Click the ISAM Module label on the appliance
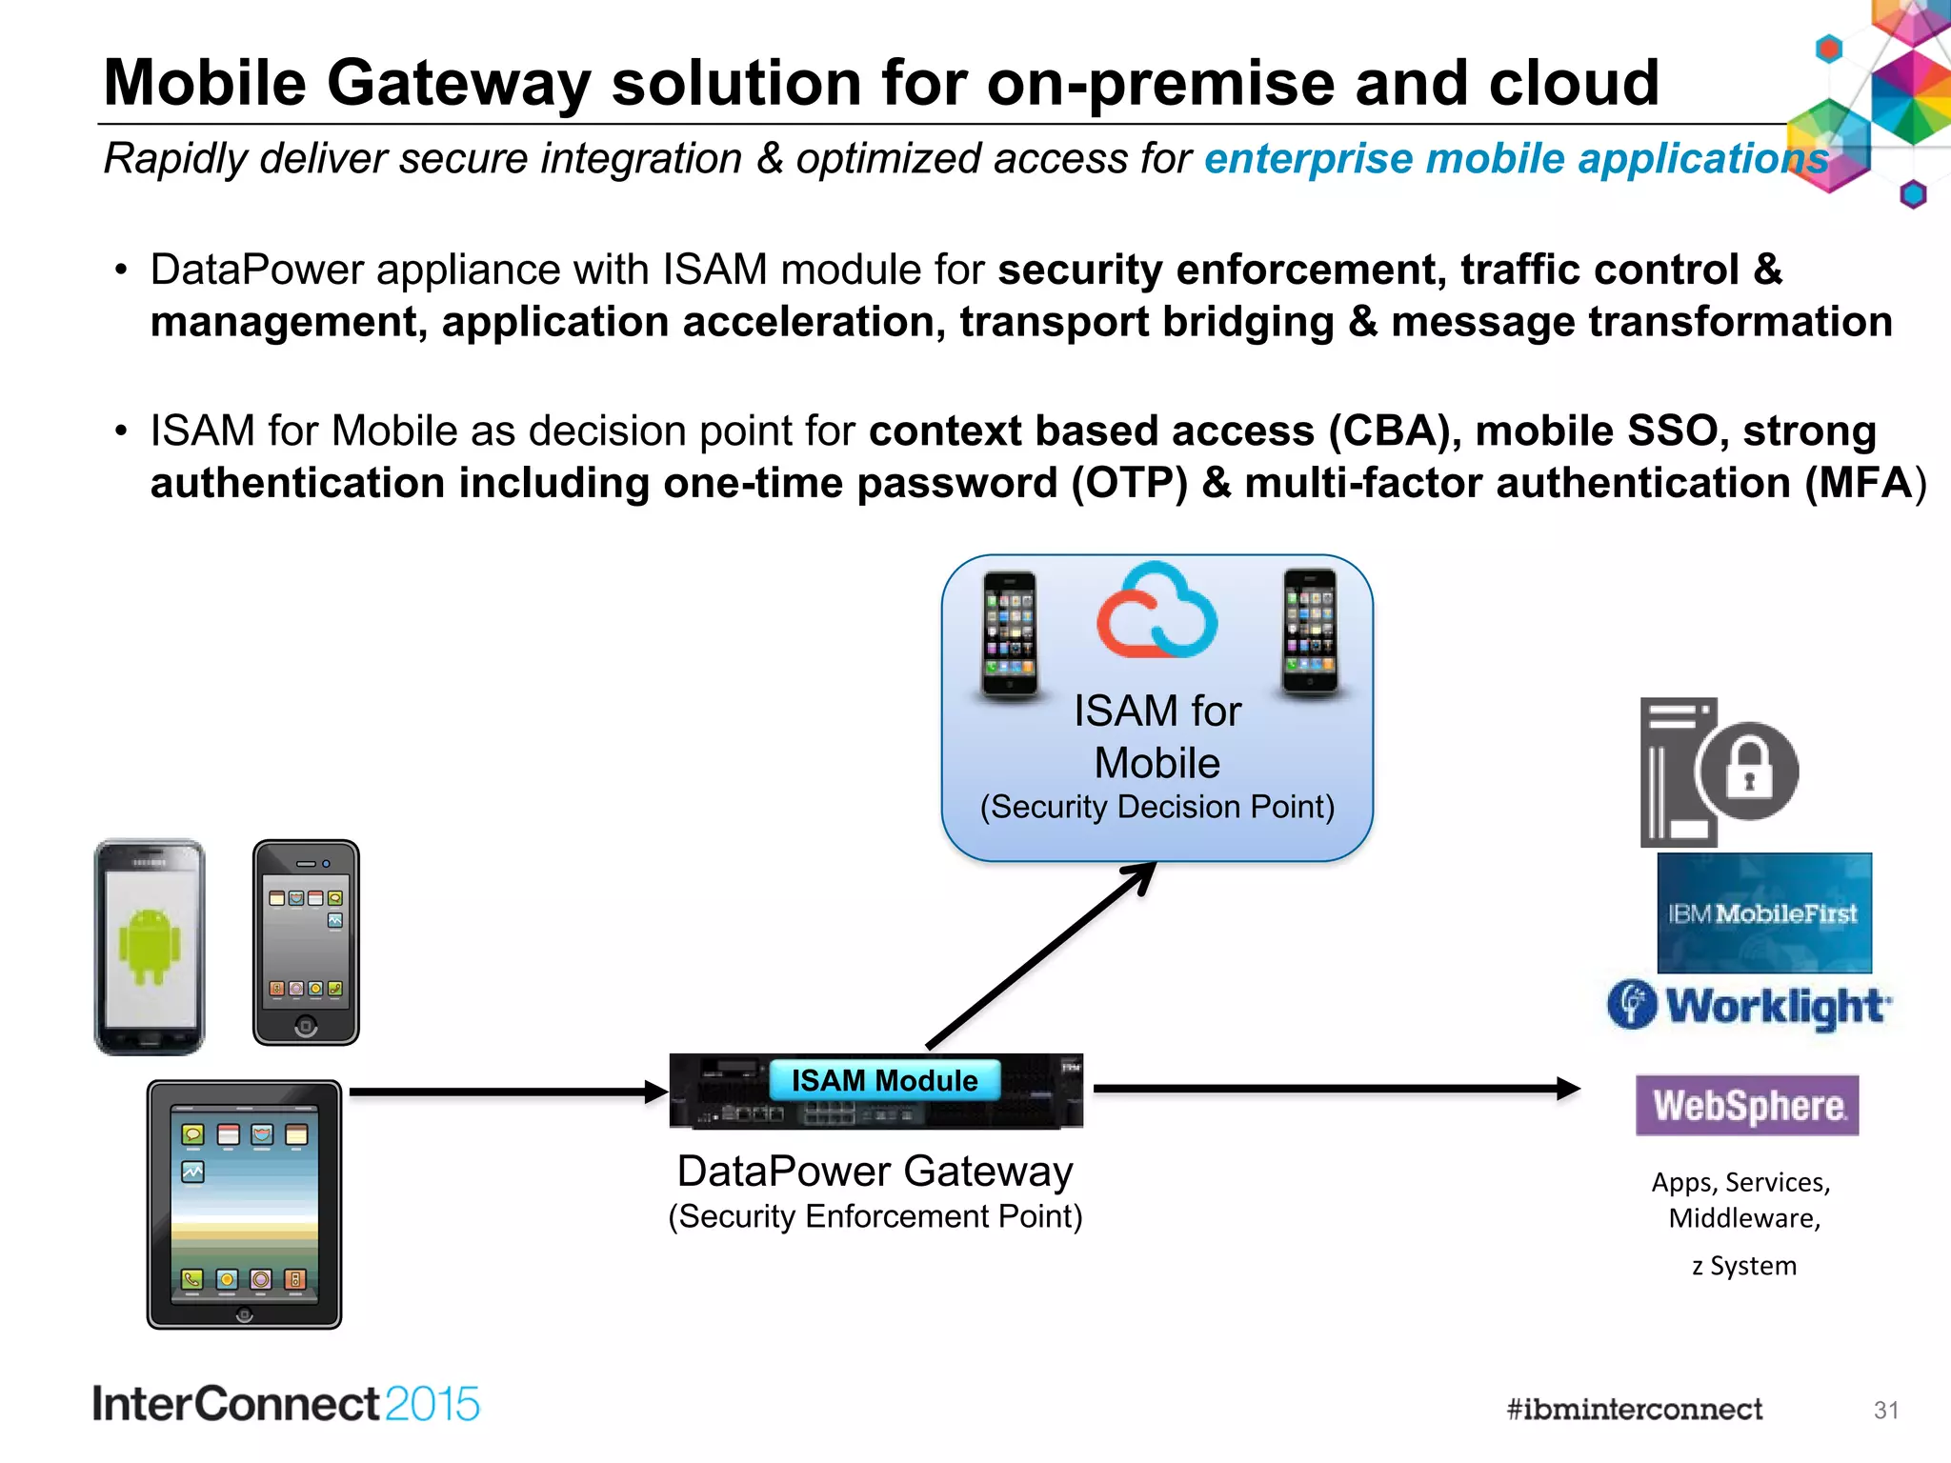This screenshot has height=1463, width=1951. pos(884,1080)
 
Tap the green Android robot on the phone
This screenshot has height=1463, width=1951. pos(150,946)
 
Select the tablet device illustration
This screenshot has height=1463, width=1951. pos(245,1204)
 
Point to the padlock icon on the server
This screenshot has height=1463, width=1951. pos(1748,770)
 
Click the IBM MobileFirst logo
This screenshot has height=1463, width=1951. pos(1763,913)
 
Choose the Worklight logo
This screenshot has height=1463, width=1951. pos(1749,1006)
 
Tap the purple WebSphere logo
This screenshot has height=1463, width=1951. pos(1747,1105)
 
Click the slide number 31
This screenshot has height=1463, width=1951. pos(1885,1410)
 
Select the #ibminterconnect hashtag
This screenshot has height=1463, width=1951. pos(1634,1409)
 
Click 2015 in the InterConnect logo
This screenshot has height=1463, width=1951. pos(432,1404)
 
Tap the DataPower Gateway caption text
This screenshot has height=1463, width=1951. pos(875,1171)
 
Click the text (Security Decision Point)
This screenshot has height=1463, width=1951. pos(1157,807)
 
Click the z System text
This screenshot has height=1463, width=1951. pos(1744,1266)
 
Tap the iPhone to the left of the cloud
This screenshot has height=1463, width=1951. pos(1010,634)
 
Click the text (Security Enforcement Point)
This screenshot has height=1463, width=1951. pos(875,1216)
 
